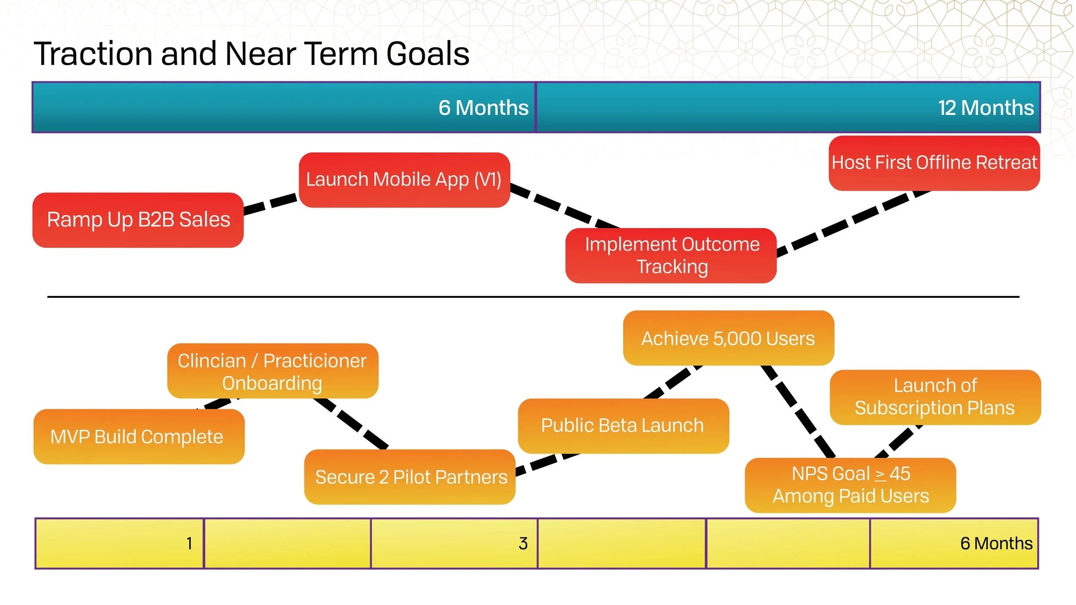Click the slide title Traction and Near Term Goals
click(251, 54)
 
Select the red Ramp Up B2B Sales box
click(138, 220)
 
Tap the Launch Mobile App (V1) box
click(405, 180)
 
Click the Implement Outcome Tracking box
click(671, 256)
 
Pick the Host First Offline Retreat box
click(934, 163)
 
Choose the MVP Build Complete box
click(139, 436)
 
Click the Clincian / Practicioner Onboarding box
click(273, 371)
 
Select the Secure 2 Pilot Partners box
click(410, 477)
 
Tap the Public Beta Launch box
click(624, 426)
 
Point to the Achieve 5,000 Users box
click(729, 338)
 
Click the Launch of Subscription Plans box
click(935, 397)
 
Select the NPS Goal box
click(850, 485)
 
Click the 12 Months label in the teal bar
click(986, 108)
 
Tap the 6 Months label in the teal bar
click(483, 108)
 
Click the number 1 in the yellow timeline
click(189, 543)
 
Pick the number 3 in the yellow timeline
click(523, 543)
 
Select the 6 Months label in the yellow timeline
click(996, 543)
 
